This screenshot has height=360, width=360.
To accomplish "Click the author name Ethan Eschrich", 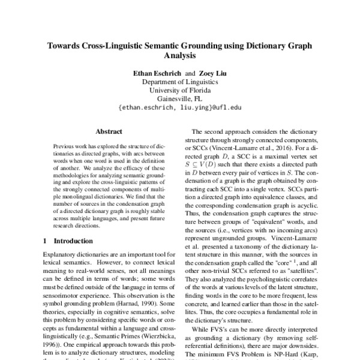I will [158, 73].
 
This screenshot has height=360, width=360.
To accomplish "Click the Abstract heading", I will [109, 131].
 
